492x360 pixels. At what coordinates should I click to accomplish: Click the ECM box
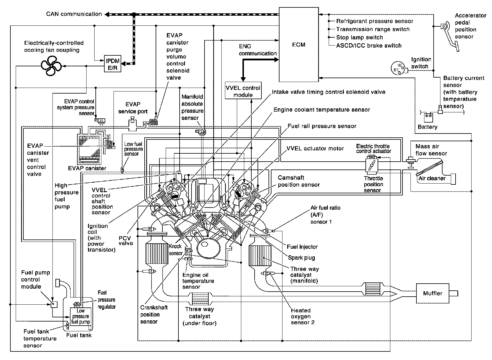pyautogui.click(x=298, y=45)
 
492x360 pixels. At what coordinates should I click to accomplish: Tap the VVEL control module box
pyautogui.click(x=243, y=91)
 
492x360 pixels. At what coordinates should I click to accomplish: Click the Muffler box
pyautogui.click(x=432, y=293)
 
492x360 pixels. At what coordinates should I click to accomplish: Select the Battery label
pyautogui.click(x=427, y=127)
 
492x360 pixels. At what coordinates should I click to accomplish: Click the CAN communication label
pyautogui.click(x=74, y=14)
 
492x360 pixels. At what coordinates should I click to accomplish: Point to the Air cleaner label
pyautogui.click(x=432, y=179)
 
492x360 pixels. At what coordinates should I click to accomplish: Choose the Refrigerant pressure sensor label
pyautogui.click(x=375, y=21)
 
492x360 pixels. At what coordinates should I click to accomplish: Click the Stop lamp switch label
pyautogui.click(x=359, y=37)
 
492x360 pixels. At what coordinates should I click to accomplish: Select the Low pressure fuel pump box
pyautogui.click(x=80, y=316)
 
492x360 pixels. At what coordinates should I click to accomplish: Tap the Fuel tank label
pyautogui.click(x=79, y=335)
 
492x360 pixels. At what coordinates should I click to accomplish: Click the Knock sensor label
pyautogui.click(x=175, y=250)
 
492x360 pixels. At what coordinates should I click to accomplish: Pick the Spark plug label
pyautogui.click(x=301, y=258)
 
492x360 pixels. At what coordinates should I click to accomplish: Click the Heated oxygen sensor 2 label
pyautogui.click(x=303, y=316)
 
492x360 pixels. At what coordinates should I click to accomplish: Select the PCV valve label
pyautogui.click(x=126, y=240)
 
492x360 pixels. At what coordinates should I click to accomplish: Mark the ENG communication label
pyautogui.click(x=258, y=50)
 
